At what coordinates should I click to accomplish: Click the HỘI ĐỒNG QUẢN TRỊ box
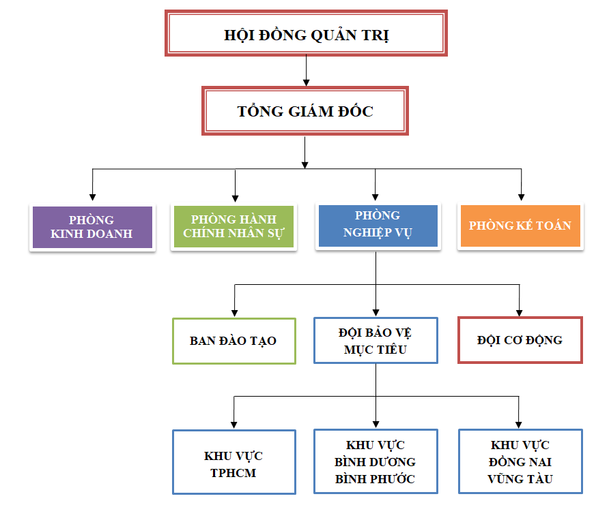pyautogui.click(x=306, y=33)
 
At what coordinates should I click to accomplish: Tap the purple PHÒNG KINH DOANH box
pyautogui.click(x=91, y=227)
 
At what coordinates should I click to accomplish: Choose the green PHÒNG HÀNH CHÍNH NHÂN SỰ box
pyautogui.click(x=233, y=227)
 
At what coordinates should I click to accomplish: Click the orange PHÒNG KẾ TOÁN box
pyautogui.click(x=520, y=226)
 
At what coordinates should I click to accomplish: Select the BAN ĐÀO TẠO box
pyautogui.click(x=233, y=340)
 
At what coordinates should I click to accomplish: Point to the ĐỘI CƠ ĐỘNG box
pyautogui.click(x=520, y=339)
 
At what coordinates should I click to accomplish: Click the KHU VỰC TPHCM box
pyautogui.click(x=233, y=461)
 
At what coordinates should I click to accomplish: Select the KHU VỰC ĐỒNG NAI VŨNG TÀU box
pyautogui.click(x=520, y=461)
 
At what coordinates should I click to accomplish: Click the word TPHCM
pyautogui.click(x=233, y=472)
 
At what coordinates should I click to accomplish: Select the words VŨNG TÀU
pyautogui.click(x=520, y=478)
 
